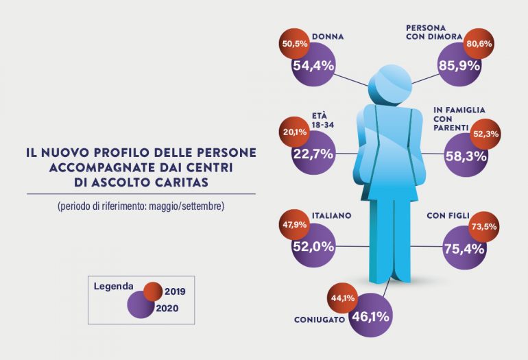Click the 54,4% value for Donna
(313, 67)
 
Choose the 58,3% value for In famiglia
(466, 157)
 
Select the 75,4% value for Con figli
(465, 248)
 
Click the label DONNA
(327, 37)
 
